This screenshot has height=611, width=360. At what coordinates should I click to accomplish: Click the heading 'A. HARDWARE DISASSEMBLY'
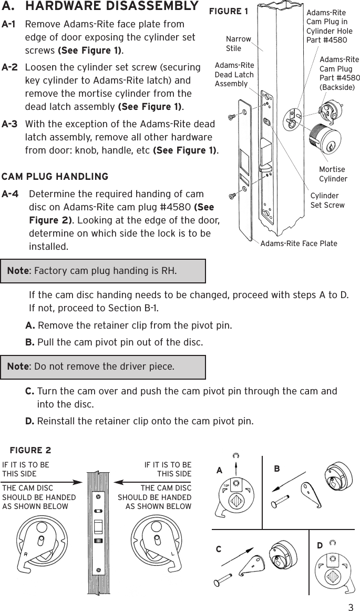click(100, 7)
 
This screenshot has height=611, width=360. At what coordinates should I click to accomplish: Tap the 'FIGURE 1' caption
click(229, 12)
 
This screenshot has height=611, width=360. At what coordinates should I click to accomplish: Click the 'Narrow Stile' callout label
click(238, 44)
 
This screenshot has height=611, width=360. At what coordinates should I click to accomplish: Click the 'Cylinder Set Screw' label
click(327, 200)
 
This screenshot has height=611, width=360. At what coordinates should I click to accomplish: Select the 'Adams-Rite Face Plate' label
click(299, 243)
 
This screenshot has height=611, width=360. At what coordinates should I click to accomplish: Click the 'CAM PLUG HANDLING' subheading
click(55, 176)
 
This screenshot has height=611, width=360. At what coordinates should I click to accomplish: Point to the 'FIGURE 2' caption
click(30, 451)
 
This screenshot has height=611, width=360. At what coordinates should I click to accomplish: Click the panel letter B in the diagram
click(276, 468)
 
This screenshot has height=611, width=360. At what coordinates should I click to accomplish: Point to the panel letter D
click(320, 546)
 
